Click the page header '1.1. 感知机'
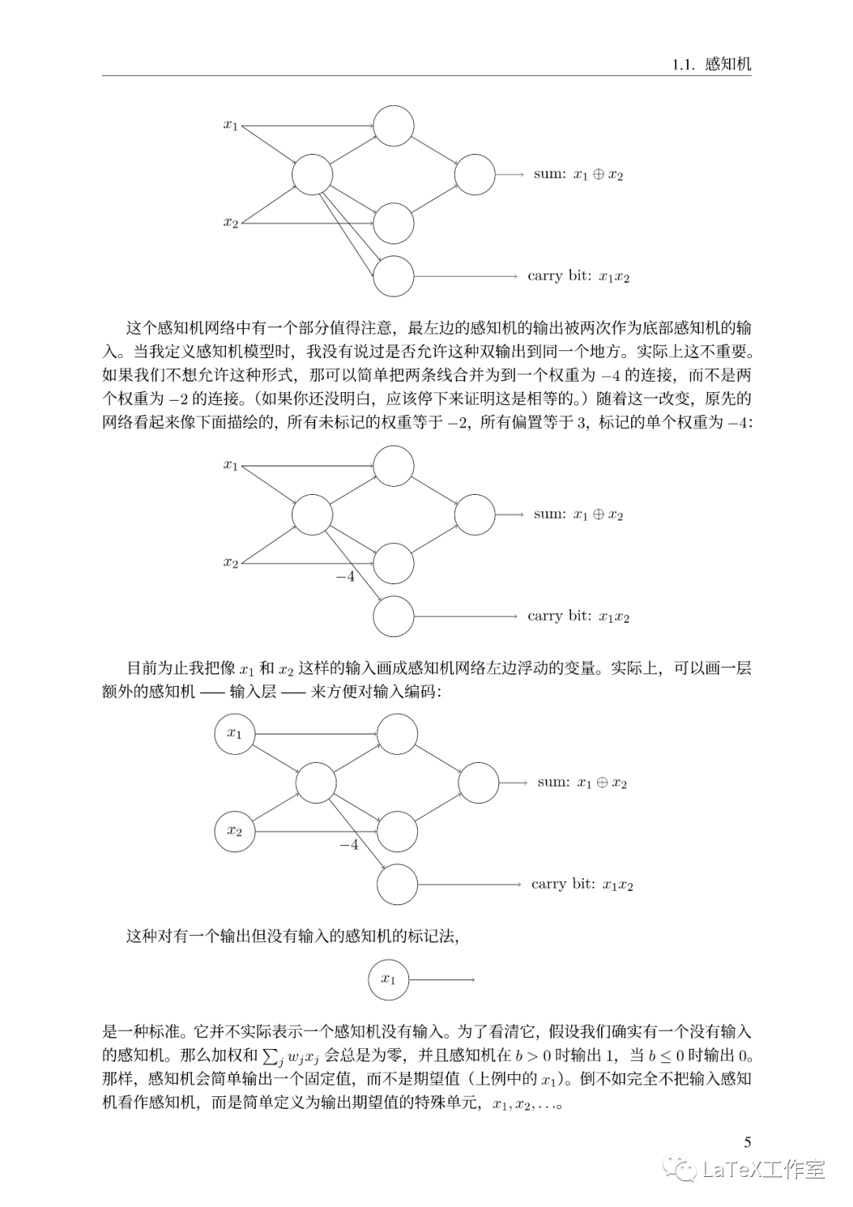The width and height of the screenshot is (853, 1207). coord(711,64)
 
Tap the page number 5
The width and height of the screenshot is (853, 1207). coord(747,1141)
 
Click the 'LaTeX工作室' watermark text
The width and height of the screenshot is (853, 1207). coord(763,1168)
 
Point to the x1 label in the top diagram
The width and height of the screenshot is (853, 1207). coord(231,125)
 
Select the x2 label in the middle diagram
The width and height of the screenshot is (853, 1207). coord(231,563)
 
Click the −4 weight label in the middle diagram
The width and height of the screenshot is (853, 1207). coord(345,577)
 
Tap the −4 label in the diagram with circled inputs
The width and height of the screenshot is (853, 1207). coord(348,845)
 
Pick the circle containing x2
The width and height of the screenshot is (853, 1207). coord(235,831)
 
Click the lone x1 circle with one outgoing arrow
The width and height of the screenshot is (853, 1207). coord(389,979)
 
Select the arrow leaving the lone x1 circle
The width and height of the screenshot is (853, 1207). coord(441,980)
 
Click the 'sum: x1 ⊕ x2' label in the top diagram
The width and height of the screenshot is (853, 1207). coord(578,175)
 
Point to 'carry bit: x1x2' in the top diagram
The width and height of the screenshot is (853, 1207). coord(578,277)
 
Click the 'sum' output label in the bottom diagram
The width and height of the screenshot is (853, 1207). coord(582,783)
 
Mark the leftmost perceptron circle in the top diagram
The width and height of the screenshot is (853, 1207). coord(312,175)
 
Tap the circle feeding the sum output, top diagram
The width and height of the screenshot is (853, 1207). coord(475,175)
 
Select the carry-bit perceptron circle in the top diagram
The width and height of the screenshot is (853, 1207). coord(393,276)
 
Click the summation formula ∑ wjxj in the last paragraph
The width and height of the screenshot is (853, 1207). coord(291,1055)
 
